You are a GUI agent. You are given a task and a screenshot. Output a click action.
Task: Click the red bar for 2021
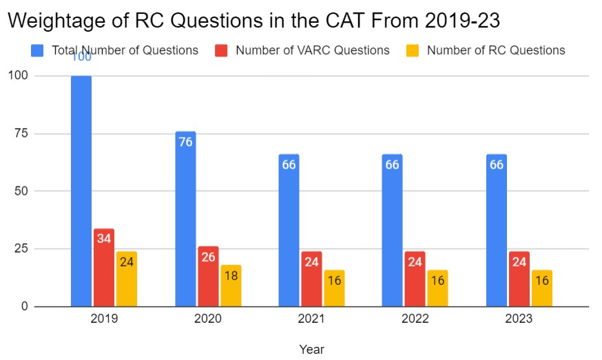coord(311,278)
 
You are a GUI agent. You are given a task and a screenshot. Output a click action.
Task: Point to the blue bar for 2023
coord(496,230)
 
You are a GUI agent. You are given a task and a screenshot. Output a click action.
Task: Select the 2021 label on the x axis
coord(311,319)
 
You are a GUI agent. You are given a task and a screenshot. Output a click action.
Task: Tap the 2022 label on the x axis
coord(415,319)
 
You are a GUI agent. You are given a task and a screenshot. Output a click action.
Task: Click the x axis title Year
coord(311,349)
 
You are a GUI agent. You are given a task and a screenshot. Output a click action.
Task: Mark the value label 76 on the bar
coord(185,142)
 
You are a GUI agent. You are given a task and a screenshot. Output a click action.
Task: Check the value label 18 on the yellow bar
coord(231,276)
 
